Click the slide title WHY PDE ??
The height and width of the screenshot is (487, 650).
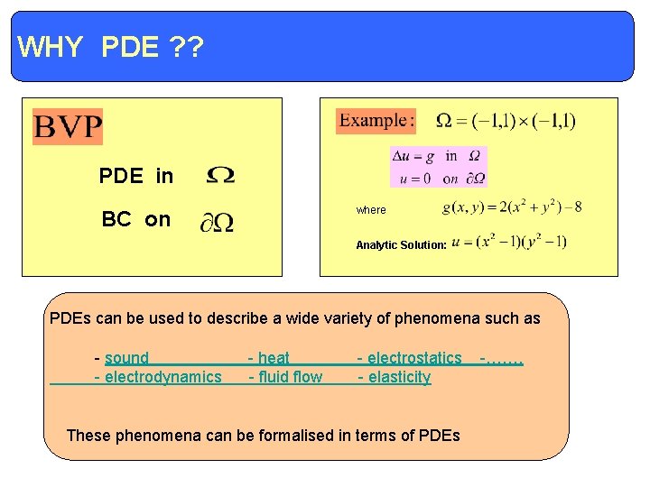click(x=110, y=47)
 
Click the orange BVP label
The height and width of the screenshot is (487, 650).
click(x=68, y=126)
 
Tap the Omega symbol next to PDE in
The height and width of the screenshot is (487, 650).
click(x=221, y=176)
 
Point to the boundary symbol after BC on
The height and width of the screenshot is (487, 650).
click(x=218, y=221)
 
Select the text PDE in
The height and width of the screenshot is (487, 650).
click(x=136, y=176)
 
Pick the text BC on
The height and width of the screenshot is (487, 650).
click(x=136, y=219)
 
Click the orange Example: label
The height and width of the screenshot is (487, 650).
click(x=376, y=120)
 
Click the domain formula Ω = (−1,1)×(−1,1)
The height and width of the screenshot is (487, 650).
click(x=506, y=121)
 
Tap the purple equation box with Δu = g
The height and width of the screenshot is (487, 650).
click(x=439, y=167)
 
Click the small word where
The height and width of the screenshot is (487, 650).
click(x=371, y=210)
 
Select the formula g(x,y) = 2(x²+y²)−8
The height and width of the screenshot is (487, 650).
click(x=512, y=207)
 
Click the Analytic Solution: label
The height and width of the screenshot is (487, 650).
click(x=401, y=245)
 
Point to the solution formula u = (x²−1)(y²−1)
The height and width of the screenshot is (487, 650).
click(x=509, y=242)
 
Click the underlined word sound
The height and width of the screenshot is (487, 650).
click(x=126, y=358)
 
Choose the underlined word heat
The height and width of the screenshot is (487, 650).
click(x=274, y=358)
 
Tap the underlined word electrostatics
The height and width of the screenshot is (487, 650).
click(x=414, y=358)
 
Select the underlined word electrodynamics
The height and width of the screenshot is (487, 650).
click(x=163, y=377)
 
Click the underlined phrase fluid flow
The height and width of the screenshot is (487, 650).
click(x=290, y=377)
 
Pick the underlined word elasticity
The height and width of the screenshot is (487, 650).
click(x=399, y=377)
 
